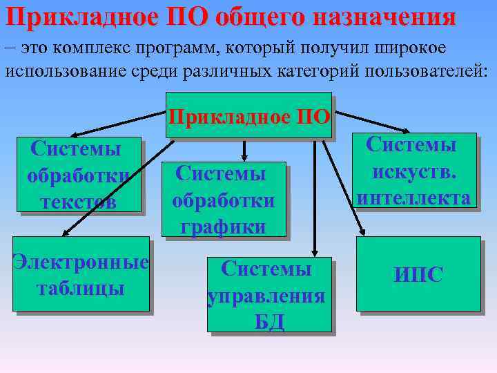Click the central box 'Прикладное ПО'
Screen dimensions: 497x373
249,115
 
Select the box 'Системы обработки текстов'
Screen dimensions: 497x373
80,174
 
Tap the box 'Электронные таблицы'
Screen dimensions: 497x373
80,274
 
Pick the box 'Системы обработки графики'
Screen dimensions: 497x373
223,200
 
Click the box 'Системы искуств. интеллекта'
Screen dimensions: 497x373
413,171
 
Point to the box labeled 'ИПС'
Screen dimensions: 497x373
418,274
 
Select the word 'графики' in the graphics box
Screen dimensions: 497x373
223,227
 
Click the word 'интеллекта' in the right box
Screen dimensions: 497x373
413,198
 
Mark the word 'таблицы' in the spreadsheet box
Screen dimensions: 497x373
80,288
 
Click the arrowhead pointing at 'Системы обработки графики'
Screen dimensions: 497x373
244,157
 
